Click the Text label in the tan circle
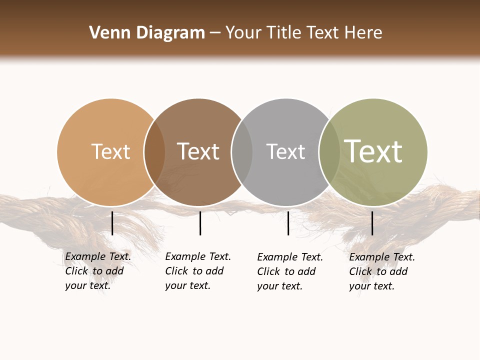pyautogui.click(x=110, y=151)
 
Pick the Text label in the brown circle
pyautogui.click(x=198, y=151)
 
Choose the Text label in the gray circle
pyautogui.click(x=285, y=151)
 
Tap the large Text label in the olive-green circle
pyautogui.click(x=373, y=151)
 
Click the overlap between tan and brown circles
pyautogui.click(x=154, y=152)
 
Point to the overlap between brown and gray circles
pyautogui.click(x=242, y=152)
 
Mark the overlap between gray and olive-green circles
pyautogui.click(x=329, y=152)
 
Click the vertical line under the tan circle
pyautogui.click(x=112, y=223)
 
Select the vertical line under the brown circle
pyautogui.click(x=200, y=223)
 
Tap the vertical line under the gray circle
pyautogui.click(x=288, y=223)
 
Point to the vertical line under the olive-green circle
pyautogui.click(x=372, y=223)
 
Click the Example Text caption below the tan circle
pyautogui.click(x=97, y=271)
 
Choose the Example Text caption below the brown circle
pyautogui.click(x=197, y=271)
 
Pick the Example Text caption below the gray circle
pyautogui.click(x=289, y=271)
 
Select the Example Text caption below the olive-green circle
pyautogui.click(x=381, y=271)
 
